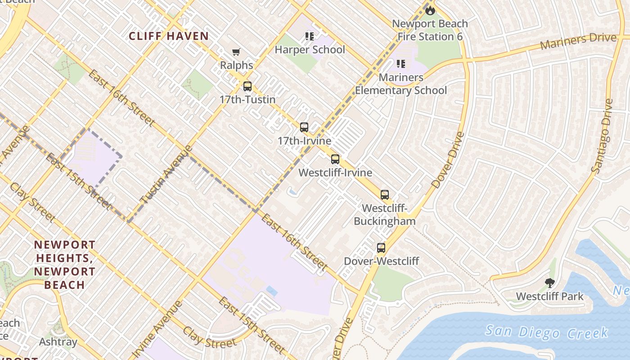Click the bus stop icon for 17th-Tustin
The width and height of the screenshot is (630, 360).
pos(247,86)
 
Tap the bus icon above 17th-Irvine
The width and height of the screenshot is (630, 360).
pos(304,127)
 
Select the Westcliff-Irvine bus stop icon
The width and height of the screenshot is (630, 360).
pos(335,159)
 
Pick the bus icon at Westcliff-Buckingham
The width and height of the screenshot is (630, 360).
pos(384,195)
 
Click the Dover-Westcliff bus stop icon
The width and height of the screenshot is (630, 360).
pos(381,248)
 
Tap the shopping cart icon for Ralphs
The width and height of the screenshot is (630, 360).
pos(236,52)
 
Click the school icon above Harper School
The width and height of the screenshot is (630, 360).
pos(309,36)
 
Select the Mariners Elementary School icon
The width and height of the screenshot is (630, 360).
pos(401,64)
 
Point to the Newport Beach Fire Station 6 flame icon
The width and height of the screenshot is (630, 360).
pos(430,10)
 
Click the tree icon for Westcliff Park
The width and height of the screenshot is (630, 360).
pos(549,283)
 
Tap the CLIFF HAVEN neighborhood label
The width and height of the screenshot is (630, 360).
pos(169,36)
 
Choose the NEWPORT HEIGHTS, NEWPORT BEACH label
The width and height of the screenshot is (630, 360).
pos(65,265)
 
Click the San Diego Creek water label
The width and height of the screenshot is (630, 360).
pos(546,332)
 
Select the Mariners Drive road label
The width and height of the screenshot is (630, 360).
pos(578,41)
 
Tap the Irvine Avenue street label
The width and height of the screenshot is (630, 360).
pos(158,328)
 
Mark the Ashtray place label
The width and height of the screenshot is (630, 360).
pos(58,342)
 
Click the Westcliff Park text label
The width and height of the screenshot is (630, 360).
pos(549,297)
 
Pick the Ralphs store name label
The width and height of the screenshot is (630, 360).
pos(236,65)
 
